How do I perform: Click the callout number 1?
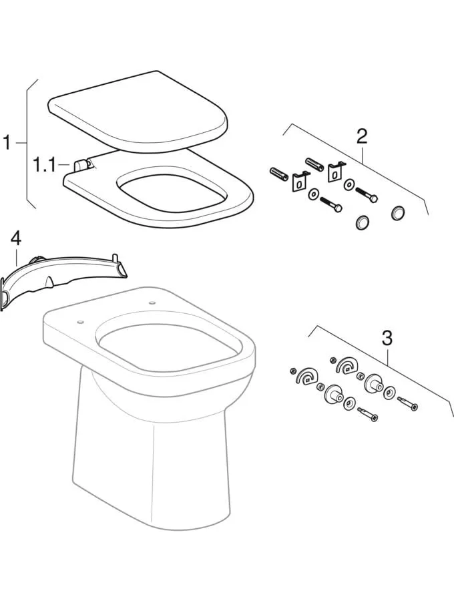(7, 143)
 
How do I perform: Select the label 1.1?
(45, 164)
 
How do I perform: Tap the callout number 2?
(361, 136)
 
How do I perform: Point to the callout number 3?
(387, 338)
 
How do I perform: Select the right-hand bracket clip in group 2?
(334, 172)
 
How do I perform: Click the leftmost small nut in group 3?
(292, 371)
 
